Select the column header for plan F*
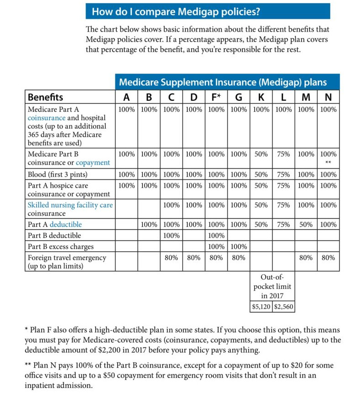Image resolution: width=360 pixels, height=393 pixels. click(x=216, y=97)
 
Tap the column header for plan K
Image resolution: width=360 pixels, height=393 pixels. click(x=261, y=97)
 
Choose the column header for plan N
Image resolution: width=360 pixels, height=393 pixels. click(x=328, y=97)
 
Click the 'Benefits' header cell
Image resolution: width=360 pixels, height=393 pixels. click(x=45, y=97)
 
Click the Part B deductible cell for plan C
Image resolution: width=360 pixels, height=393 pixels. click(x=171, y=236)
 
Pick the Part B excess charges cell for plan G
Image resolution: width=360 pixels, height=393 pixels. click(x=239, y=247)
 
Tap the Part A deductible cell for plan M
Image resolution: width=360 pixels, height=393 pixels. click(x=306, y=225)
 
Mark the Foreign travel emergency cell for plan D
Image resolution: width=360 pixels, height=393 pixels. click(x=194, y=258)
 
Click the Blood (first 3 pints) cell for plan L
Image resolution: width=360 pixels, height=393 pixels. click(x=284, y=174)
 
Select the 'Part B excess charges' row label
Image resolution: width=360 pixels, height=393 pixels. click(x=60, y=247)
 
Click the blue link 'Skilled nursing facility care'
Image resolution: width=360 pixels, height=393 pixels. click(x=70, y=205)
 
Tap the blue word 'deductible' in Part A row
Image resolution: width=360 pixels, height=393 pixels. click(x=66, y=225)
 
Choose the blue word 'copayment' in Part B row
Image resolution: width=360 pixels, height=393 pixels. click(x=93, y=163)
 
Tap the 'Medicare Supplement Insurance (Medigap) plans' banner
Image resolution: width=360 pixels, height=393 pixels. click(x=227, y=82)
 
